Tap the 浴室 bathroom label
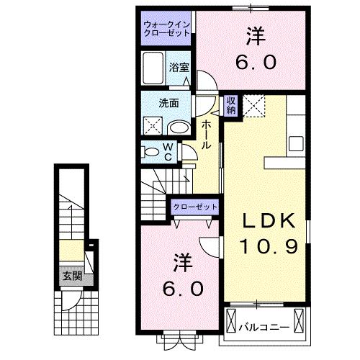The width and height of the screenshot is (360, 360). tap(180, 67)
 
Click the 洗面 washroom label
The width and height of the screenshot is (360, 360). tap(169, 102)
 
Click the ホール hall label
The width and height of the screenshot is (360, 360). tap(206, 135)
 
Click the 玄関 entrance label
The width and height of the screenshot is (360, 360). tap(71, 276)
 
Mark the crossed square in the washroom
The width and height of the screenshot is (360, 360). tap(153, 127)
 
